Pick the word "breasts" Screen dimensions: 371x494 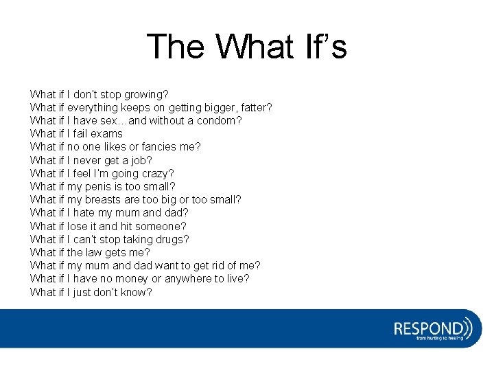pos(103,199)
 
